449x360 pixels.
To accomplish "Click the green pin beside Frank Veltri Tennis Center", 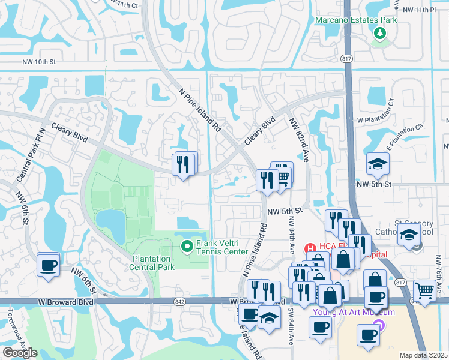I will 187,245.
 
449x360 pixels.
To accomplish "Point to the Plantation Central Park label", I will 154,262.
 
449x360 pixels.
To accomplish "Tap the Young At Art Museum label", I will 345,312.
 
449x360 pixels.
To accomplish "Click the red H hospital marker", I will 310,247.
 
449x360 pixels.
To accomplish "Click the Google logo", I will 20,352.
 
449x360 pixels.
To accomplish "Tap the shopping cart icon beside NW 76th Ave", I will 424,291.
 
